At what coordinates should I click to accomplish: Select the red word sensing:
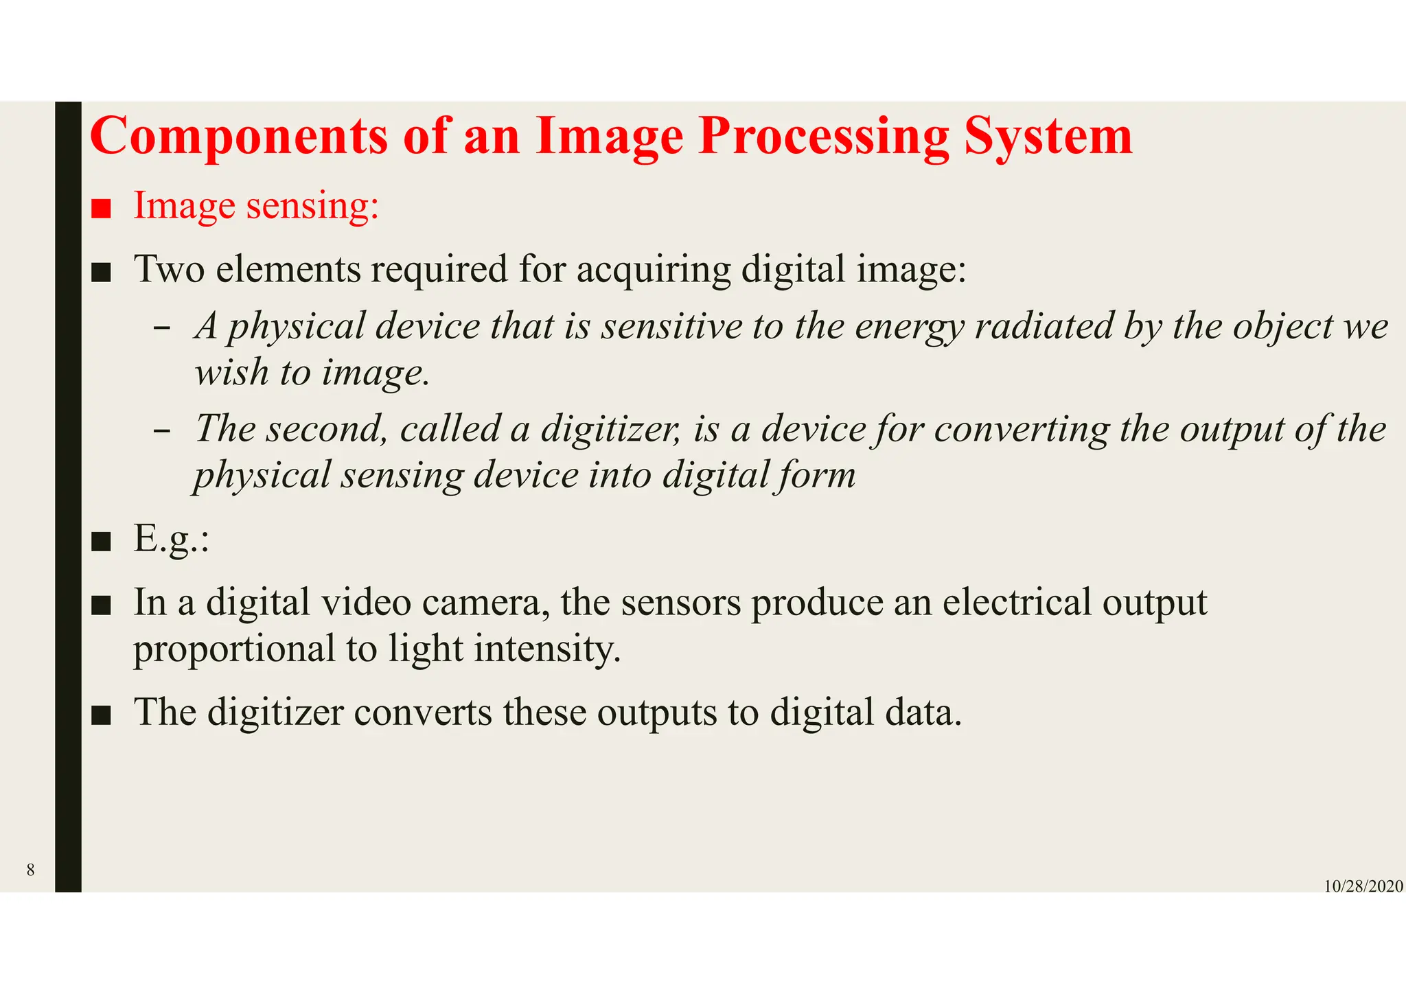pyautogui.click(x=312, y=206)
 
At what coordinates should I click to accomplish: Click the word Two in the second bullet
pyautogui.click(x=169, y=268)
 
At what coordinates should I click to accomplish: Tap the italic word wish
pyautogui.click(x=231, y=373)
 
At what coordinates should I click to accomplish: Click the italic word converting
pyautogui.click(x=1021, y=430)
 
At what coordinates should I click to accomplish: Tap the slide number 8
pyautogui.click(x=30, y=870)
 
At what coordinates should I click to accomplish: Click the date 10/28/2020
pyautogui.click(x=1363, y=886)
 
